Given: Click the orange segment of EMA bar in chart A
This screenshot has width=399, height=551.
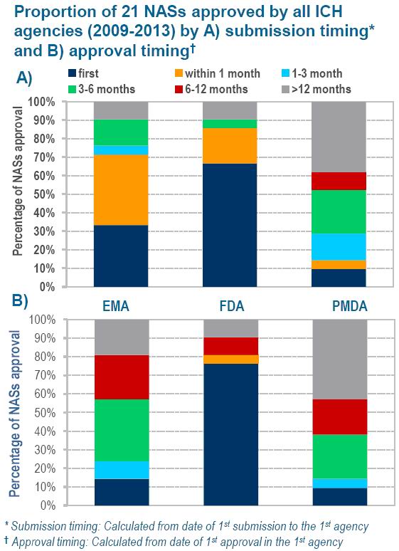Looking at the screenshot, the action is [121, 190].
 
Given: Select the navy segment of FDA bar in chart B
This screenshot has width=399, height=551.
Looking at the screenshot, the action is [230, 435].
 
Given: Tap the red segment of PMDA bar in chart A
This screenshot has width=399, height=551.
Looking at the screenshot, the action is [339, 181].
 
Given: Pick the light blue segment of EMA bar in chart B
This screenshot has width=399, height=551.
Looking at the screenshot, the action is [122, 470].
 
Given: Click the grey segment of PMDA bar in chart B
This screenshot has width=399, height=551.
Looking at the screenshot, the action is [340, 359].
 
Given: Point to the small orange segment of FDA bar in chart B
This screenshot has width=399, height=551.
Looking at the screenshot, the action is [230, 359].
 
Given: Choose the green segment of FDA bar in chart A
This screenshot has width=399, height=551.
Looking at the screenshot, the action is [230, 124].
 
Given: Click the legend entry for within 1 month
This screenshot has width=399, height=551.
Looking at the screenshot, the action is [218, 73].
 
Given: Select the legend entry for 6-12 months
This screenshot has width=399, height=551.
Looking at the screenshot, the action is [211, 89].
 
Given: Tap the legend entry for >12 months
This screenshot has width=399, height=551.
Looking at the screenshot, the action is [316, 89].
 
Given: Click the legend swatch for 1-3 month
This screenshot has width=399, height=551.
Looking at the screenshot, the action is [285, 73].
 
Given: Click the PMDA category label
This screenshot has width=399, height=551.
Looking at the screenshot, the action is [350, 306].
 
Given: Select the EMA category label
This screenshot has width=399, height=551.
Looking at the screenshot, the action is [116, 306].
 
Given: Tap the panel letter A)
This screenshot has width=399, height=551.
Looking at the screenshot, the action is [24, 78].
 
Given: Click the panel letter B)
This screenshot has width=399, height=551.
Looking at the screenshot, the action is [20, 301].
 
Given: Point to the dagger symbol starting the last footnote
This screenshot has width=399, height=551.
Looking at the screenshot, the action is [6, 541].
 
